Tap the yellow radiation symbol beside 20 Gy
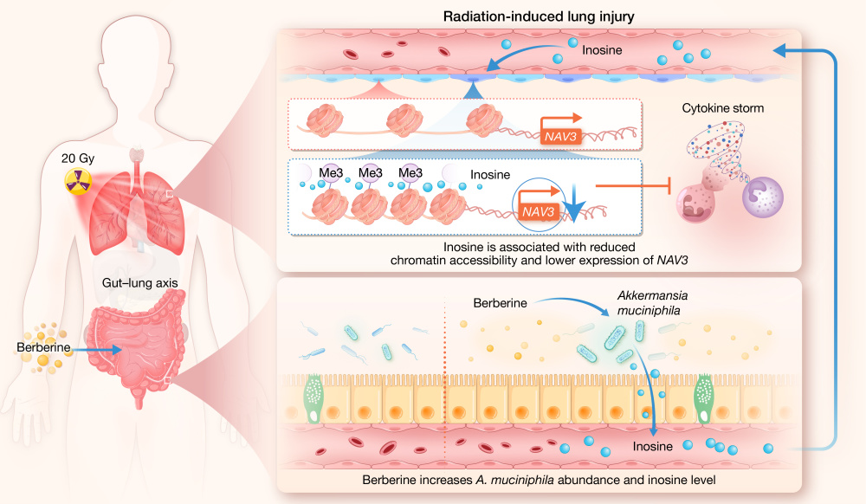click(x=75, y=183)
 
